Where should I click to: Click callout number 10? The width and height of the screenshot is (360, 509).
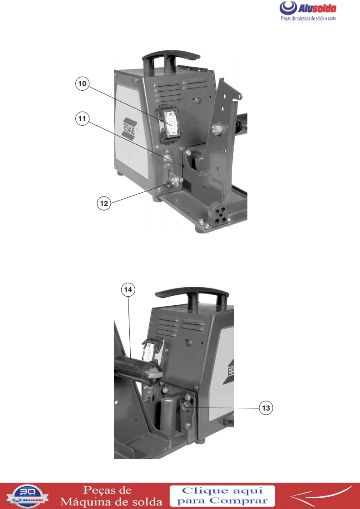[x=82, y=84]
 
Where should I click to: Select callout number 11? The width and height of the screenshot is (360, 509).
[x=82, y=118]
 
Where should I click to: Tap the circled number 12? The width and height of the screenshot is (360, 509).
[x=104, y=203]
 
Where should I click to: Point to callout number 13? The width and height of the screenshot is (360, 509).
[x=266, y=408]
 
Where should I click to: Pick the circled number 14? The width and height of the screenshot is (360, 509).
[x=128, y=289]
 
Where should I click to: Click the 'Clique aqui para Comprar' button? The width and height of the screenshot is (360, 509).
[x=222, y=496]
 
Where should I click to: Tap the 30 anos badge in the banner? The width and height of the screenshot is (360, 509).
[x=28, y=496]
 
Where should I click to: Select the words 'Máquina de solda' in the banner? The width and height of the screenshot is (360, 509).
[x=111, y=502]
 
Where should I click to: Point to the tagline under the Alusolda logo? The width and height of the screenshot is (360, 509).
[x=308, y=19]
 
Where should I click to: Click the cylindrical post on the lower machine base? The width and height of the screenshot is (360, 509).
[x=168, y=416]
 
